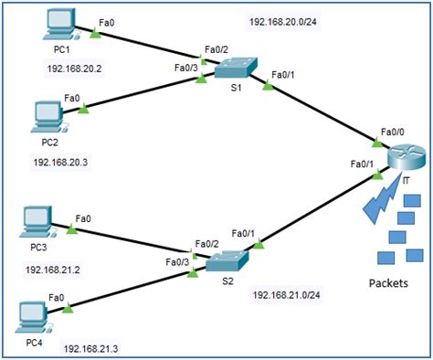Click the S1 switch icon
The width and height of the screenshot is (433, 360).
tap(236, 69)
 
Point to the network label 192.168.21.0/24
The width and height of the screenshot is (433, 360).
tap(290, 294)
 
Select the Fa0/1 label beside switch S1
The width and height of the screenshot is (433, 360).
tap(285, 75)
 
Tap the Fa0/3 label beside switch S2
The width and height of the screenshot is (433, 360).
tap(176, 262)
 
